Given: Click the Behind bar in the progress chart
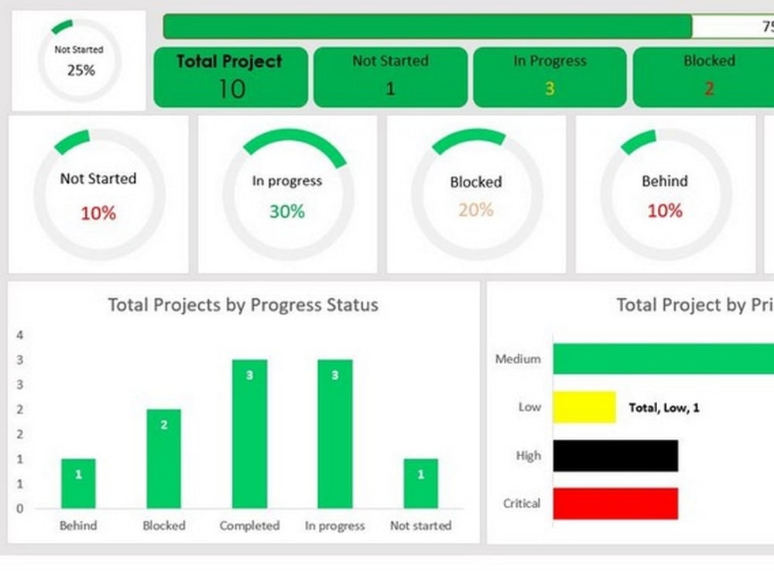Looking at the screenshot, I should coord(78,483).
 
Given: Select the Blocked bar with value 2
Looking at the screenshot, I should coord(163,459).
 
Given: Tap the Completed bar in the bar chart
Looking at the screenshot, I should coord(249,434).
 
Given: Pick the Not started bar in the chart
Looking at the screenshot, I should coord(420,483).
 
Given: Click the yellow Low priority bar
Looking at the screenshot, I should coord(584,407).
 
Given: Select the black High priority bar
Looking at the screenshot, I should coord(615,456).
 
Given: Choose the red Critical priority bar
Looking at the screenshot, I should coord(615,504).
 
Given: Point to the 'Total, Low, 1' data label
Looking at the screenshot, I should coord(663,407).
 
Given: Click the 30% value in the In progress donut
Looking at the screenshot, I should coord(287,211).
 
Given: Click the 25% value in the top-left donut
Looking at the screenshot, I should coord(80,70).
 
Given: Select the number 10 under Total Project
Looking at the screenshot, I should coord(231,89).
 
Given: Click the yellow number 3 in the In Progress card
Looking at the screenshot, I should coord(549,88).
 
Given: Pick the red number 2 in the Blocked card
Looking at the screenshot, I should coord(708,88).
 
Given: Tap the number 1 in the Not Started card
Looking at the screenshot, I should coord(390,88).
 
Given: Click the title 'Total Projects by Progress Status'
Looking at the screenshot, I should coord(243,305).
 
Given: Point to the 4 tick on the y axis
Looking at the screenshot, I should coord(20,335).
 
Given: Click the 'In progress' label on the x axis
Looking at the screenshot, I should coord(334,526).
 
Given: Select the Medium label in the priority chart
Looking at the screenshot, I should coord(518,359).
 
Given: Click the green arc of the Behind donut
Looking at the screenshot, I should coord(638,140).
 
